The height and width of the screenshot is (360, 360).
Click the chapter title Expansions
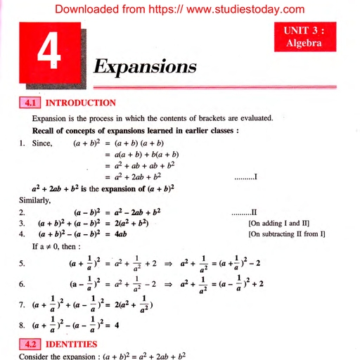(x=145, y=67)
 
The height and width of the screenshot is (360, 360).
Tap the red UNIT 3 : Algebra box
(x=303, y=37)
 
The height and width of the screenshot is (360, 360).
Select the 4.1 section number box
(x=31, y=103)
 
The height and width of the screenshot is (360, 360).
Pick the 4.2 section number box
(x=31, y=345)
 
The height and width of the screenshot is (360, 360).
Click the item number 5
(x=23, y=264)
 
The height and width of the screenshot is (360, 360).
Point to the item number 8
(x=23, y=326)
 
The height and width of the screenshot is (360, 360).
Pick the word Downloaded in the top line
(x=87, y=9)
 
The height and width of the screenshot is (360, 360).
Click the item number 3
(x=23, y=223)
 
